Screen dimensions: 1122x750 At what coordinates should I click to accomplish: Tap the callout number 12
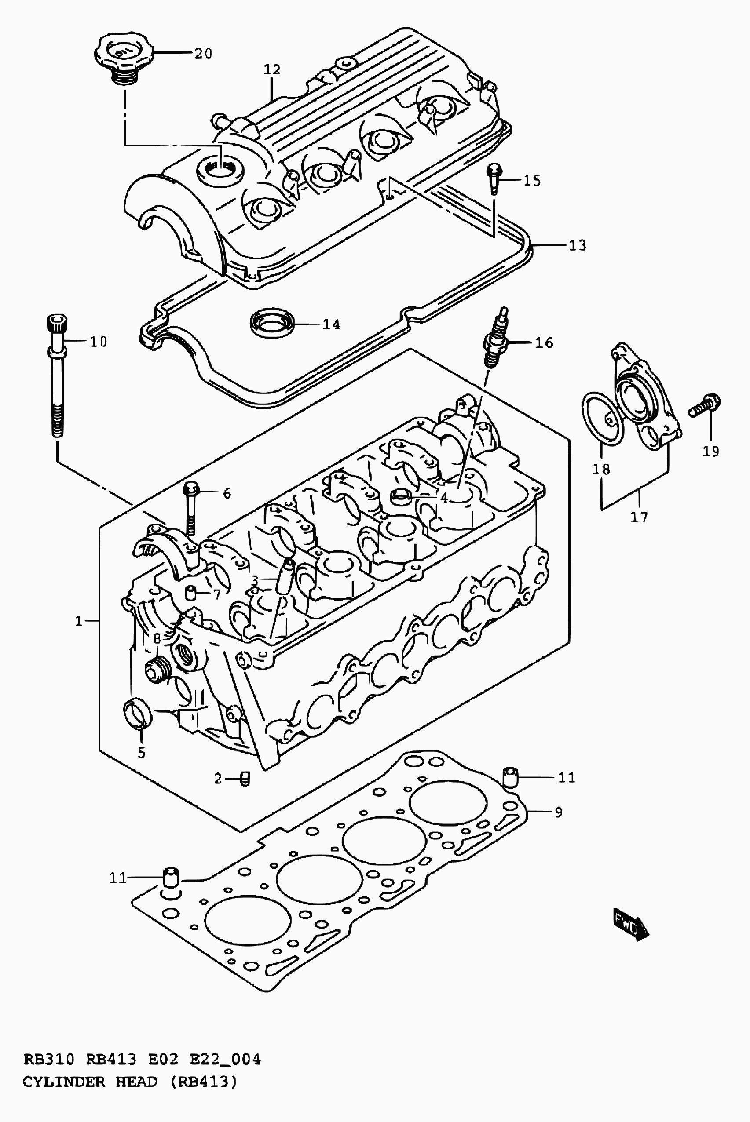(x=272, y=70)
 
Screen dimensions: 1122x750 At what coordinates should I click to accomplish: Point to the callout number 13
(x=577, y=245)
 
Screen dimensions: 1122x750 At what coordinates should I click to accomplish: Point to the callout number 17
(x=639, y=517)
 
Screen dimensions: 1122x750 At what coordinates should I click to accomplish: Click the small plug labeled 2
(x=245, y=779)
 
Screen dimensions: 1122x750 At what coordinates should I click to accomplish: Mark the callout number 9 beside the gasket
(x=558, y=812)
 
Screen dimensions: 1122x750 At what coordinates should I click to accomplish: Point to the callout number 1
(x=78, y=622)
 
